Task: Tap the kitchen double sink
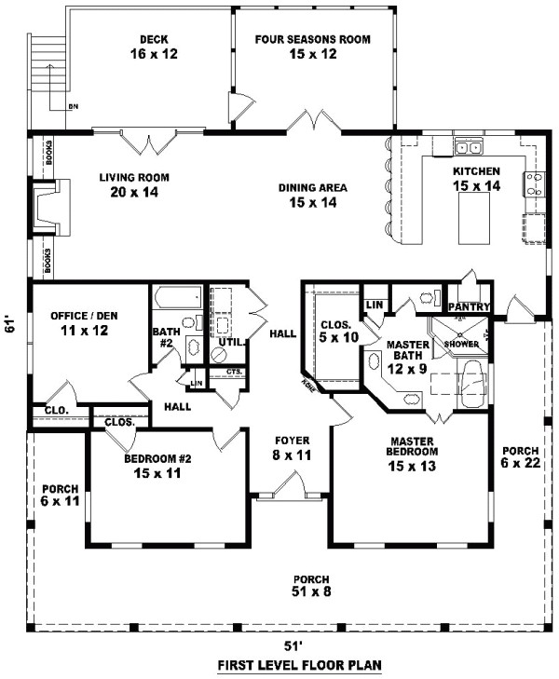[x=468, y=147]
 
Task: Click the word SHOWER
[x=461, y=344]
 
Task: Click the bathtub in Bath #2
[x=173, y=299]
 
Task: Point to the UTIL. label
[x=230, y=343]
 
